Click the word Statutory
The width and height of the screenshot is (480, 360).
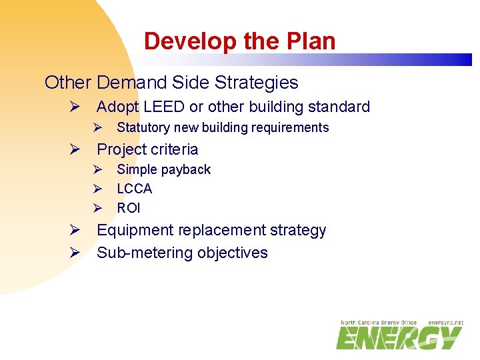143,127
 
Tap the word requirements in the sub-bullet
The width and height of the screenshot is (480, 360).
291,127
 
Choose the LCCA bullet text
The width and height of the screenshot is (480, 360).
134,189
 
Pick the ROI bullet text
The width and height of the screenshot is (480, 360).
129,208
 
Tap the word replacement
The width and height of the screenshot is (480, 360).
219,231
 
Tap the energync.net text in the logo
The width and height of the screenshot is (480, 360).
445,323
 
